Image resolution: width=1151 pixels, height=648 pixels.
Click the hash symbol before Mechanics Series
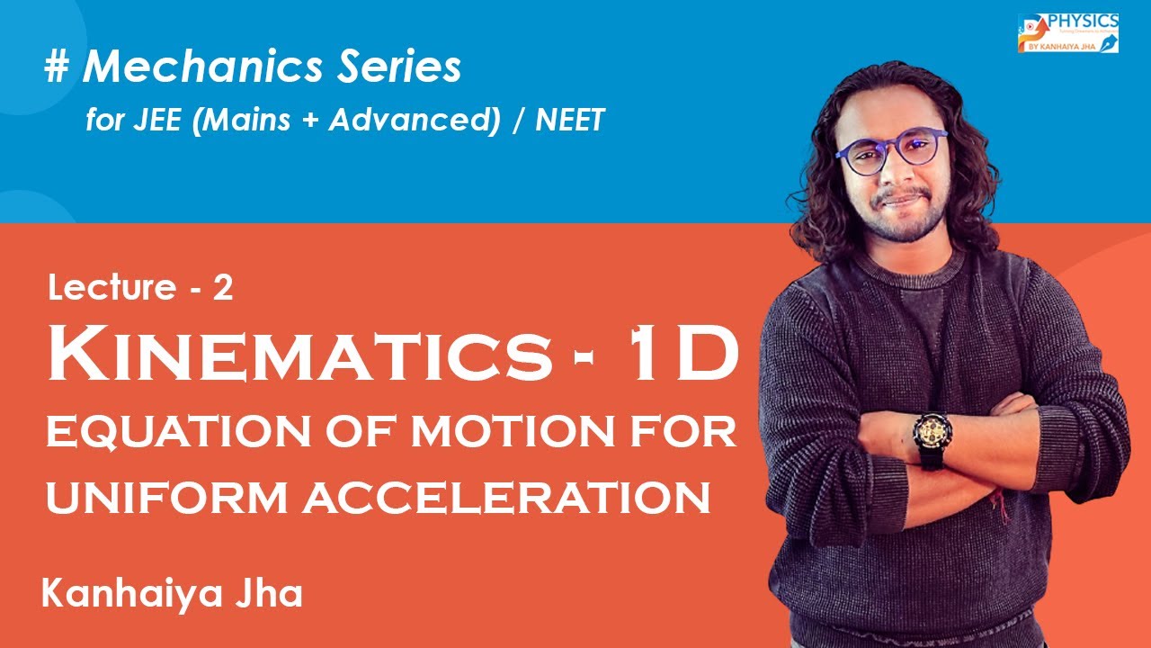pos(56,68)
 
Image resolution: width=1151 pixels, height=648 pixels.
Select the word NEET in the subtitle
pos(569,120)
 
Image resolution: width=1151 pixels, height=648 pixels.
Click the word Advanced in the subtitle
pos(413,120)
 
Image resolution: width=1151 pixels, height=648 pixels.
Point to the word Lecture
pos(112,288)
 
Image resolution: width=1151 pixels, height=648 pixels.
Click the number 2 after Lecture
pos(224,288)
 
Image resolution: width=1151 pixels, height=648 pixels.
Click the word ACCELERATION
pos(507,497)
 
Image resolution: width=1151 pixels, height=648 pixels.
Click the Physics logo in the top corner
pos(1068,32)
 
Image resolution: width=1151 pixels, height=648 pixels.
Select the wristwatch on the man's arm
pos(930,438)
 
